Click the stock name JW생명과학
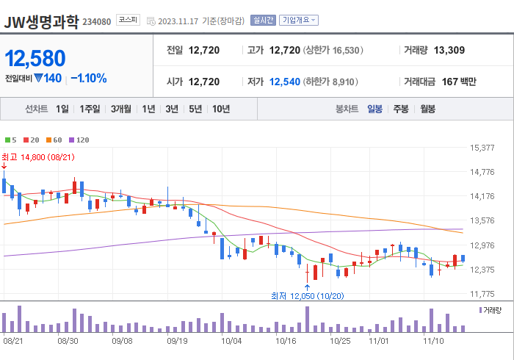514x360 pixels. pos(41,21)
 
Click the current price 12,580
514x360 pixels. pos(35,58)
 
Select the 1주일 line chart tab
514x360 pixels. pos(90,109)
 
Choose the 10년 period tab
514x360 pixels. pos(220,109)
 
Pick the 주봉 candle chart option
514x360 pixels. pos(401,109)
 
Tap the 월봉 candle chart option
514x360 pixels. pos(428,109)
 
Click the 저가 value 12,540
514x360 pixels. pos(285,82)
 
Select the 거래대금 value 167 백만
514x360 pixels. pos(459,82)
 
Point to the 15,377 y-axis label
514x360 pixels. pos(482,148)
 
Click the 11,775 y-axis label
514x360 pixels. pos(482,294)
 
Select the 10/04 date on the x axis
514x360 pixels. pos(231,341)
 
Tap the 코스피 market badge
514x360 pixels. pos(128,21)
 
